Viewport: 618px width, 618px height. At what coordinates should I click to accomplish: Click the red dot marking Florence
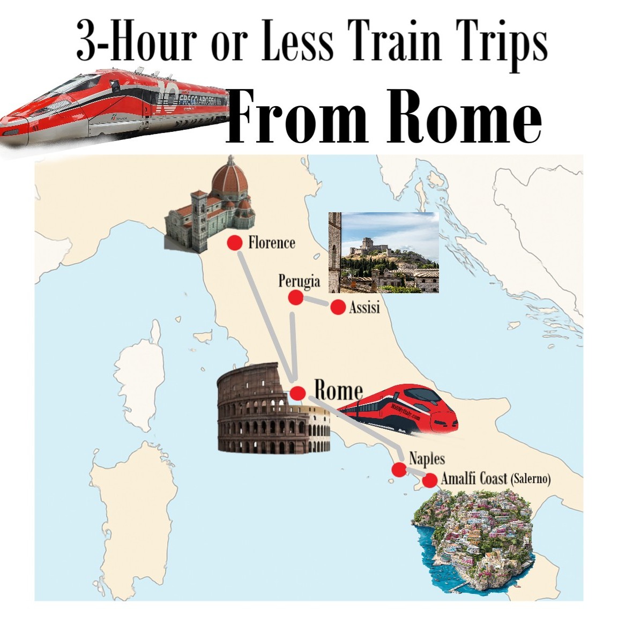click(234, 243)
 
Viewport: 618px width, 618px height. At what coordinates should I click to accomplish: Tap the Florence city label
click(272, 243)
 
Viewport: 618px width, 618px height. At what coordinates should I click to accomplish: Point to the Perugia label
click(299, 281)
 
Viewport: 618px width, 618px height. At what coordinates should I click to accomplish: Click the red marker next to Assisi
click(338, 307)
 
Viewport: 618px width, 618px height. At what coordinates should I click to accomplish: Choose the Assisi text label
click(364, 308)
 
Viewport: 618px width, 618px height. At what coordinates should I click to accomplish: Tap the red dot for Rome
click(298, 392)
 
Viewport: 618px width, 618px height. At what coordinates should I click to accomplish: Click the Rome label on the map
click(338, 390)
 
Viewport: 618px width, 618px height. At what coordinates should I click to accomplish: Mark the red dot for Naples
click(398, 470)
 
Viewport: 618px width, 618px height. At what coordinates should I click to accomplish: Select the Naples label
click(427, 459)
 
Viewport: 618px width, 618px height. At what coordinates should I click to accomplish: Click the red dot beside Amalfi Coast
click(429, 480)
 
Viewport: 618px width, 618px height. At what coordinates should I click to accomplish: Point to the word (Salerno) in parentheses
click(531, 479)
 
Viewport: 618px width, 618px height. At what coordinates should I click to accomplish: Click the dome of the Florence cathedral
click(230, 180)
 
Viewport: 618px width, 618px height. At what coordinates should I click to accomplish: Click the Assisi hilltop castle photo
click(384, 252)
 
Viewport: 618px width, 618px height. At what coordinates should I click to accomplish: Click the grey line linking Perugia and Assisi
click(316, 302)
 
